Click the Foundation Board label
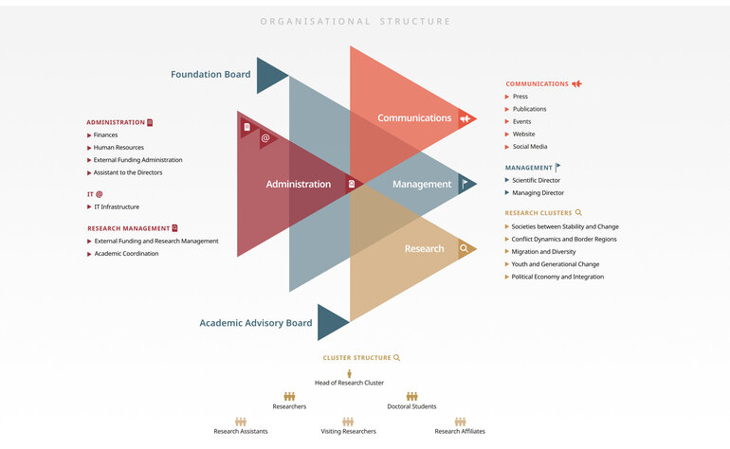point(210,74)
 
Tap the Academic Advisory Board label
point(255,323)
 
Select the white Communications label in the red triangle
point(414,118)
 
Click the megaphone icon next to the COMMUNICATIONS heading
point(576,84)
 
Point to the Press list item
point(520,97)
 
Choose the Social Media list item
point(529,147)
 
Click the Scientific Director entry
point(536,180)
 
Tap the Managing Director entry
point(538,192)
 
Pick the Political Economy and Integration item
point(557,277)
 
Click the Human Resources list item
point(119,148)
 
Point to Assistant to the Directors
point(128,172)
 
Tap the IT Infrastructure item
point(117,207)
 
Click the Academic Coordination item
point(126,254)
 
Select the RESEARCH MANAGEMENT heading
point(129,228)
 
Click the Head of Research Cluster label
point(349,383)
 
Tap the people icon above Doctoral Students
point(411,397)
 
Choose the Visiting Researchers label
point(348,431)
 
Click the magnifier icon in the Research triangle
point(465,249)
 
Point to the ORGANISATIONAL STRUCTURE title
point(356,21)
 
